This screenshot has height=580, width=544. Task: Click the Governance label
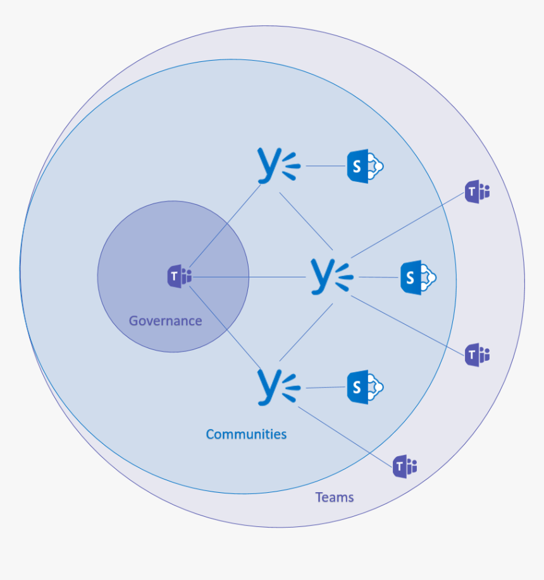(x=165, y=321)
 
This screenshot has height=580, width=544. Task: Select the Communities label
(x=246, y=435)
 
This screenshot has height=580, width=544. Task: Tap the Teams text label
(x=335, y=498)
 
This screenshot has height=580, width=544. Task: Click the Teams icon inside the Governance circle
(x=179, y=277)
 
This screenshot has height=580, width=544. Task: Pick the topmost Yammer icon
(x=277, y=166)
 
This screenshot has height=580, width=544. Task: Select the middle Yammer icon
(x=330, y=276)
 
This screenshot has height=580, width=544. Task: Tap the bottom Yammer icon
(x=277, y=387)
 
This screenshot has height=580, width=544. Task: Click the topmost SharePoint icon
(x=365, y=167)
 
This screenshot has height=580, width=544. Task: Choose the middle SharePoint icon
(x=418, y=277)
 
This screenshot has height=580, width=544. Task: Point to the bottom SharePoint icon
(x=365, y=387)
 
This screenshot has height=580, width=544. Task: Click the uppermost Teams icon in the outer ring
(x=477, y=191)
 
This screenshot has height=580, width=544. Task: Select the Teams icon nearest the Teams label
(x=404, y=466)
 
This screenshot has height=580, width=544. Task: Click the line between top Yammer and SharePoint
(x=326, y=167)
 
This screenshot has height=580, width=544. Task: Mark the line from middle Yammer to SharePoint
(x=378, y=277)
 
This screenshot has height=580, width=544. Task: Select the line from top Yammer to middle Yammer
(x=306, y=220)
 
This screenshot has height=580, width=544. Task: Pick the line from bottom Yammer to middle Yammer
(x=306, y=332)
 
